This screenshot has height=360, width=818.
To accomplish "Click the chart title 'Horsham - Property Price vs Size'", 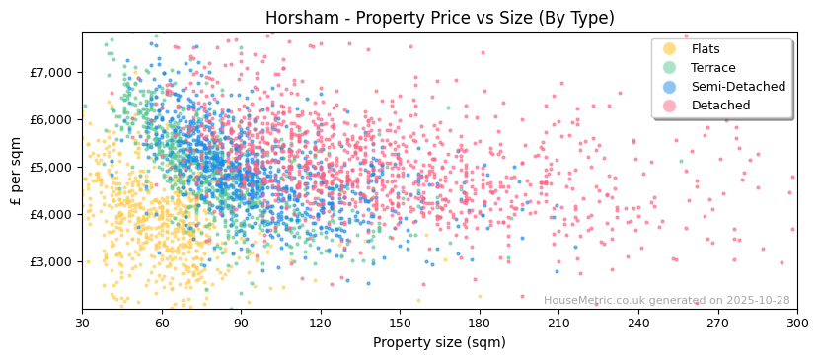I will tap(439, 18).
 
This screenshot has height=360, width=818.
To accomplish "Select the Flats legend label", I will tap(706, 49).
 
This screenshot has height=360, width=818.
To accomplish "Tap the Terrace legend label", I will tap(711, 68).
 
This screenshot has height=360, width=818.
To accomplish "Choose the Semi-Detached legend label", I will tap(738, 87).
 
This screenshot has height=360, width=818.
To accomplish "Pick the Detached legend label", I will tap(720, 106).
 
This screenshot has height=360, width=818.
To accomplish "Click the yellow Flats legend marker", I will tap(670, 49).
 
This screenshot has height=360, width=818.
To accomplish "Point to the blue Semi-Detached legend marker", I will tap(670, 87).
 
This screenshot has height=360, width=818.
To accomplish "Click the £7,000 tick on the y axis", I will tap(51, 72).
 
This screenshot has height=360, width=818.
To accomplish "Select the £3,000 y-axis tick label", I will tap(51, 261).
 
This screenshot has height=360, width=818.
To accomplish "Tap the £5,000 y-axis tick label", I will tap(51, 167).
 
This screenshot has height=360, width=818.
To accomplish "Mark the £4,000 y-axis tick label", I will tap(51, 214).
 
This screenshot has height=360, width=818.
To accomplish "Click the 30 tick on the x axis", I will tap(82, 323).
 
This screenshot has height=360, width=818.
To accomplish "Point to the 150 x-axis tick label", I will tap(400, 323).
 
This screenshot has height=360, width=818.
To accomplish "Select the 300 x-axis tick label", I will tap(796, 323).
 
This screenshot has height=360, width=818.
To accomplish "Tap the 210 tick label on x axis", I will tap(558, 323).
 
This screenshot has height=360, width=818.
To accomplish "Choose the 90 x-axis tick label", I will tap(241, 323).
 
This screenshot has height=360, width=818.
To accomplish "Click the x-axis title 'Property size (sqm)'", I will tap(439, 342).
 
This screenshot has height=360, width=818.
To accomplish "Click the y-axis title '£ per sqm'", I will tap(16, 171).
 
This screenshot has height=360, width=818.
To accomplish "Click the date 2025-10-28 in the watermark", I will tap(756, 301).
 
